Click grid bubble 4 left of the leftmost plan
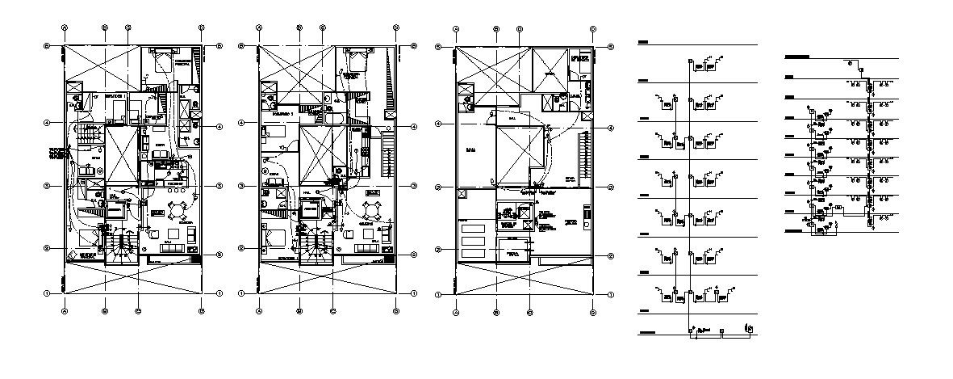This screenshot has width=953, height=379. [47, 123]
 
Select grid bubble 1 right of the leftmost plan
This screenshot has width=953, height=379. [219, 293]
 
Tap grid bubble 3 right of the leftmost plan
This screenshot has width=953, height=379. [219, 185]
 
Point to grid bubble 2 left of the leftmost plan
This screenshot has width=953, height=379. [47, 248]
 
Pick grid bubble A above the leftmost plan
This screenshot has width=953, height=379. [65, 27]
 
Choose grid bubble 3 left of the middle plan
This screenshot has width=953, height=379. [241, 187]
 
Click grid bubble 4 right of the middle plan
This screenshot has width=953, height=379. [415, 127]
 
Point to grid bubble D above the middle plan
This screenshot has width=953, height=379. [396, 28]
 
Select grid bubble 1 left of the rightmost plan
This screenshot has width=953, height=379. [438, 294]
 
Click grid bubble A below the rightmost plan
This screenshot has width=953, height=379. [456, 312]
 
